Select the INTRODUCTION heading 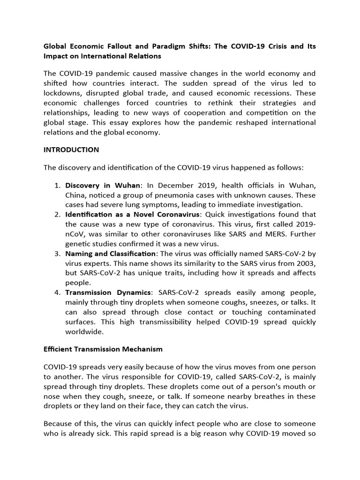point(71,150)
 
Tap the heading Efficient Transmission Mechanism point(103,349)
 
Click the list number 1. point(58,186)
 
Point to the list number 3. point(58,254)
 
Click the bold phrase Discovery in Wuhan point(103,186)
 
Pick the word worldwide point(84,331)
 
